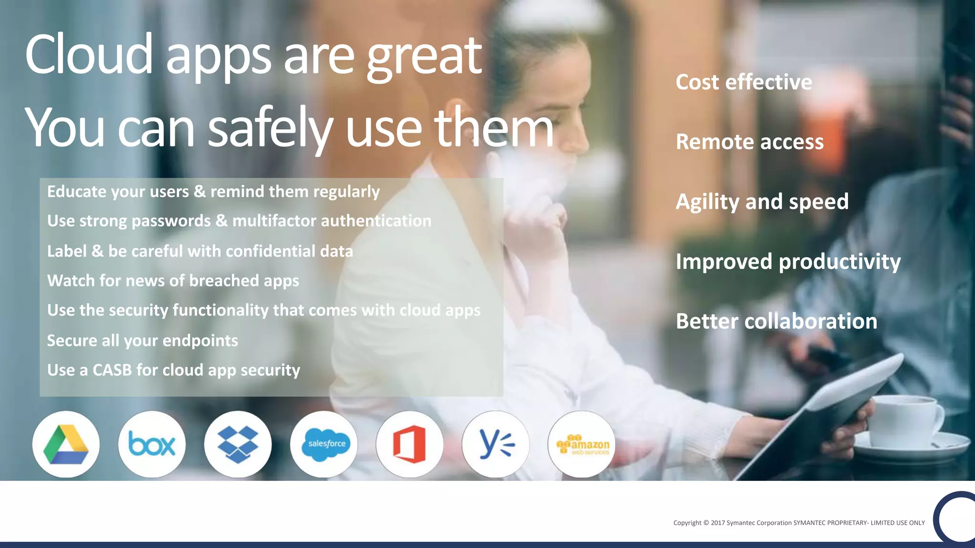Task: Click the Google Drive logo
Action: coord(66,444)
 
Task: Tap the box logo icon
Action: coord(152,444)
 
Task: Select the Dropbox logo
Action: coord(238,444)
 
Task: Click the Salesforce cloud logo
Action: coord(324,444)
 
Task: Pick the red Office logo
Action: coord(409,444)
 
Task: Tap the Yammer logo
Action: coord(496,444)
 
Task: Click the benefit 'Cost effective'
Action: coord(744,82)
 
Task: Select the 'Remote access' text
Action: coord(749,142)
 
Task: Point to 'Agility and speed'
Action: coord(762,202)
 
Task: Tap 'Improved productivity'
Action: coord(788,262)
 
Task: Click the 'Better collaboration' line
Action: coord(776,322)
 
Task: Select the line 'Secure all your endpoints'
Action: coord(142,341)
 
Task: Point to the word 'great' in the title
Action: coord(424,57)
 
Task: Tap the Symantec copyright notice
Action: coord(799,523)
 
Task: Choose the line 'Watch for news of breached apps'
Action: coord(173,281)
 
